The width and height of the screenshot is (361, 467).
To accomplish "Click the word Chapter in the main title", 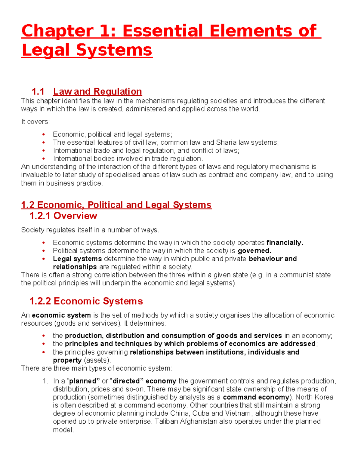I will click(x=57, y=31).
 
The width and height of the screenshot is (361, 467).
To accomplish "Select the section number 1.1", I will click(x=38, y=91).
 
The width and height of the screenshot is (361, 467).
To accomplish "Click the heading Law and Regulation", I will click(x=97, y=91).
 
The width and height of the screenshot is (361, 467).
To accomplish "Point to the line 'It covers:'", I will click(x=35, y=122).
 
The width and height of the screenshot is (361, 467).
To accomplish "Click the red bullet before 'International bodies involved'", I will click(x=44, y=159).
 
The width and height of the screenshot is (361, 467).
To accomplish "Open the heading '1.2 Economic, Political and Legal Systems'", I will click(x=116, y=205).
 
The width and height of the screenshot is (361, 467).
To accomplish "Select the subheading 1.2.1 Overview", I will click(x=63, y=216).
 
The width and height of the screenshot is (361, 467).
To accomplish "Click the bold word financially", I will click(x=285, y=243).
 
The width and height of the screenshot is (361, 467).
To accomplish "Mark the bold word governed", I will click(x=255, y=251).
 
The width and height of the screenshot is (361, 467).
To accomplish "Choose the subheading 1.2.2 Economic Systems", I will click(x=86, y=301).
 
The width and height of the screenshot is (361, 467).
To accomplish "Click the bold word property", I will click(x=67, y=360).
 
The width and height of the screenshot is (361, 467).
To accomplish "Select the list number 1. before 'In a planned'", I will click(x=45, y=381).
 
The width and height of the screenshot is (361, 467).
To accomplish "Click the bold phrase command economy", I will click(x=256, y=397).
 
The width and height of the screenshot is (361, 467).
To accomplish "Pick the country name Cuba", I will click(x=201, y=413).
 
